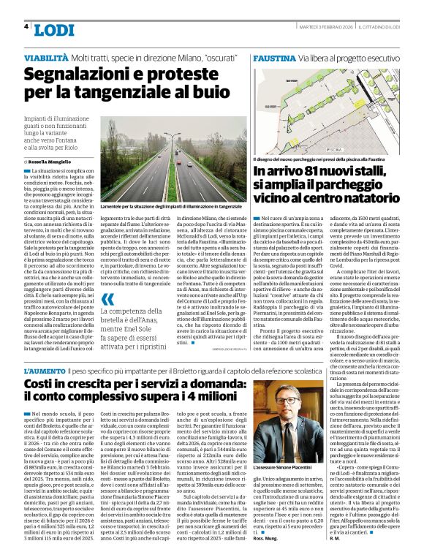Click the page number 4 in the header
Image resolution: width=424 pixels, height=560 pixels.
[26, 26]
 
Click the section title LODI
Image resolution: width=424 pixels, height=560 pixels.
[55, 29]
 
